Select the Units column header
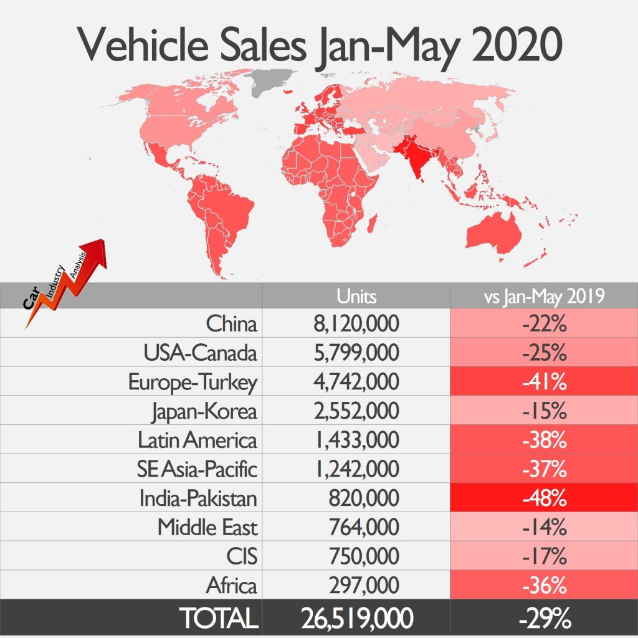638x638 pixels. [356, 296]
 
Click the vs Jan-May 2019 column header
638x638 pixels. [544, 296]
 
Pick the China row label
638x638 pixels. [231, 325]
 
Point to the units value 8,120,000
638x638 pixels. [356, 325]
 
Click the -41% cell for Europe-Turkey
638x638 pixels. [544, 382]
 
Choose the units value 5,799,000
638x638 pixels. [356, 353]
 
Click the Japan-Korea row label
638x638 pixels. [204, 411]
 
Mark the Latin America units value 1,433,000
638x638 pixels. [356, 440]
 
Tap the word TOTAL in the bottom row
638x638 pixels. [218, 618]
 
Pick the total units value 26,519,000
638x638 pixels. [356, 618]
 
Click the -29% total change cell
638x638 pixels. [544, 618]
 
